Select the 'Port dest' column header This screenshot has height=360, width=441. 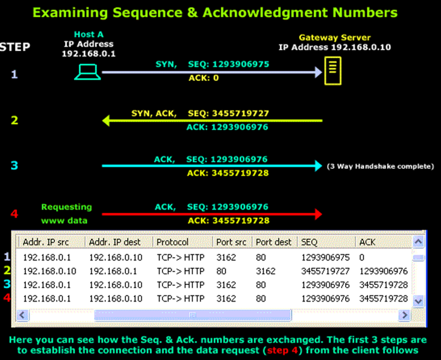click(x=273, y=242)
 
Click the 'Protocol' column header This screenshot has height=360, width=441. click(x=173, y=242)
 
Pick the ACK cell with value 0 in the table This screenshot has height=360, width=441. click(x=362, y=257)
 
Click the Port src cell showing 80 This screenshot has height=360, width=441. click(x=221, y=271)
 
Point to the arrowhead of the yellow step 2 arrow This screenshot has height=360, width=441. click(x=106, y=121)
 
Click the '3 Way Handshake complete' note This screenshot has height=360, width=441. click(x=380, y=166)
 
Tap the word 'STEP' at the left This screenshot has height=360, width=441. click(x=15, y=47)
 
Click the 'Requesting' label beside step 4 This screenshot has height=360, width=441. click(x=66, y=207)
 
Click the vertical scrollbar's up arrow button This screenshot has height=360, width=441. click(x=419, y=241)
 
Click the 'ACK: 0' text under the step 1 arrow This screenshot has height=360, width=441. click(x=204, y=77)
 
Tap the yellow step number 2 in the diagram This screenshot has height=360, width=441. click(x=15, y=120)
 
